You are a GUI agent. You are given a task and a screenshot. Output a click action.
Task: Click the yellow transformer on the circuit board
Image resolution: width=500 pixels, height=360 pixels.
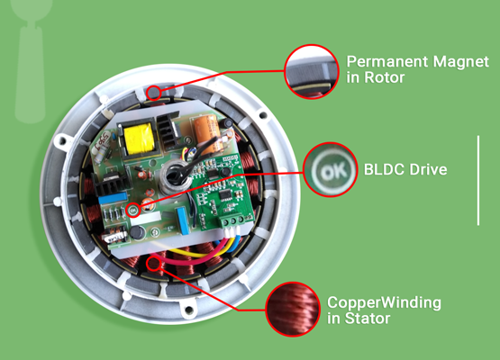click(140, 139)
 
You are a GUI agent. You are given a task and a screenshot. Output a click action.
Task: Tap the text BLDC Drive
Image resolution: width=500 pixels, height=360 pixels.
click(405, 169)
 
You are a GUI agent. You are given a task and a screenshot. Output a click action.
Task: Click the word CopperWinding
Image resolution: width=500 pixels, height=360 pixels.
click(384, 303)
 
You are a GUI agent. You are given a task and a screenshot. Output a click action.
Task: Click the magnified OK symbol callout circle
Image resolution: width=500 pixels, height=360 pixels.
click(331, 169)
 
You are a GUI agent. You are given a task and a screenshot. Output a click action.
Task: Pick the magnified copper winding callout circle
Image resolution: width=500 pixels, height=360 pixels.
click(293, 309)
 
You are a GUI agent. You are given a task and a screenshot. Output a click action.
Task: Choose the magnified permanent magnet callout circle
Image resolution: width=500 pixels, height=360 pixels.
click(311, 72)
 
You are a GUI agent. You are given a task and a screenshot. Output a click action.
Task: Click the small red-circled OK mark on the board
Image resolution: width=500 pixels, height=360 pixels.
click(133, 211)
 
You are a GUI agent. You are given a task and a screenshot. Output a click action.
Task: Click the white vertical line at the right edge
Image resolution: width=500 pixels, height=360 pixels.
click(478, 181)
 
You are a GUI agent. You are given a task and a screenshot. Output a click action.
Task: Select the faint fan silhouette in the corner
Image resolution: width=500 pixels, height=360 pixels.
click(31, 60)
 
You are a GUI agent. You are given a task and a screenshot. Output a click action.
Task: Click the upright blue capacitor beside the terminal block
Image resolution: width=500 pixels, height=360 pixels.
click(182, 220)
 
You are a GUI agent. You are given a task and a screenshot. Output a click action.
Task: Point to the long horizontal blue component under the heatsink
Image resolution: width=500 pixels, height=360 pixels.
click(113, 198)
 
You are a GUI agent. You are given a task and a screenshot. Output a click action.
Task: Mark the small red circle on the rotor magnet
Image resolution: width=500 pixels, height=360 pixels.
click(154, 93)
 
